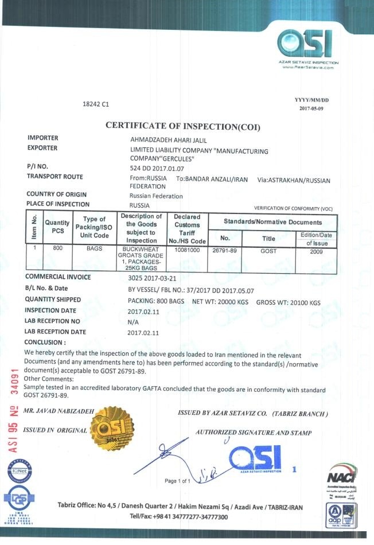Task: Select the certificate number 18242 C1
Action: point(96,105)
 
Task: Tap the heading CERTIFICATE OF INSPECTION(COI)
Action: point(183,126)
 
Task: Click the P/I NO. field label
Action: point(40,166)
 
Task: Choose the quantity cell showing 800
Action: point(57,249)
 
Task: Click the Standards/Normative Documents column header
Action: point(272,222)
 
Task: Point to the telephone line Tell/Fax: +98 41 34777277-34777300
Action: point(180,517)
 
